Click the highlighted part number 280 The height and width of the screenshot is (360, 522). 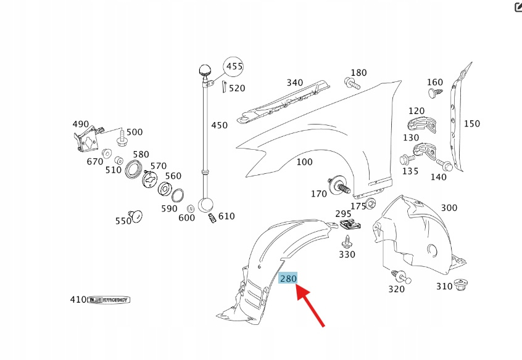point(288,279)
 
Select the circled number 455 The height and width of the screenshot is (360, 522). point(234,66)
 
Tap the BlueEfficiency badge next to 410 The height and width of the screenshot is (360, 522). point(109,300)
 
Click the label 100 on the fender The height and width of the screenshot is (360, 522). point(304,162)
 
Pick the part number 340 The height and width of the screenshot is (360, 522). point(294,83)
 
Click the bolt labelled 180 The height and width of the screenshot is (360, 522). point(350,83)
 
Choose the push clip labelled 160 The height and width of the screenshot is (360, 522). point(434,93)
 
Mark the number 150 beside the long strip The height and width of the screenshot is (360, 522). point(471,124)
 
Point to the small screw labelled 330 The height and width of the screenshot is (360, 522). point(348,241)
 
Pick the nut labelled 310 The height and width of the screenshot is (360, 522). point(460,285)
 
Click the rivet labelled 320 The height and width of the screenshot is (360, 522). point(401,276)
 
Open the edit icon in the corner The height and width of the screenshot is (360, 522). point(518,7)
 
